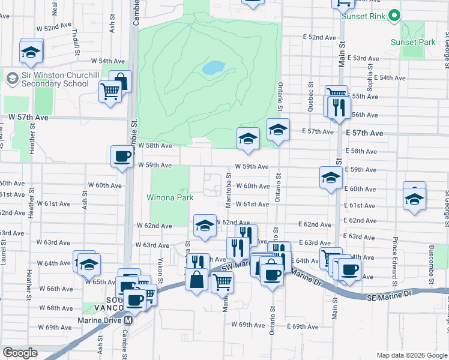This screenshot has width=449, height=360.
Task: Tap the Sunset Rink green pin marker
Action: pos(394,16)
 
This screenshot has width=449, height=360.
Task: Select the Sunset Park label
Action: pos(412,43)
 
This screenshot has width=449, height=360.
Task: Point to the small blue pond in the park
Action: pos(213,68)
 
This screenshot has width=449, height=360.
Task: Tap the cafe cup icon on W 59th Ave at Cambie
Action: pos(122,157)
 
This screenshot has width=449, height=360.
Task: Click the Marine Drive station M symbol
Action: pos(127,320)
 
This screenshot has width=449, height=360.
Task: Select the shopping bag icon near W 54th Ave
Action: pos(121,81)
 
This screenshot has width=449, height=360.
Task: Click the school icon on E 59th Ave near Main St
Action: pos(330,177)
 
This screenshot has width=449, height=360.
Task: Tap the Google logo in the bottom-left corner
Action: pos(20,353)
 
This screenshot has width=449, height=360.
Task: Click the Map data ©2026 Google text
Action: pos(411,355)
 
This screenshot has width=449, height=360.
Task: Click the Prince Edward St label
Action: pos(394,253)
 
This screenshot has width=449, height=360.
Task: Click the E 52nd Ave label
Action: pos(319,37)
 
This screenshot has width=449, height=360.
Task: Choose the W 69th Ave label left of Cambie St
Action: pos(54,327)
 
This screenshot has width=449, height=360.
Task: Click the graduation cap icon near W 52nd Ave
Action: pos(31,52)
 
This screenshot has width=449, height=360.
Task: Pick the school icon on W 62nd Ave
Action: pos(205,226)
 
